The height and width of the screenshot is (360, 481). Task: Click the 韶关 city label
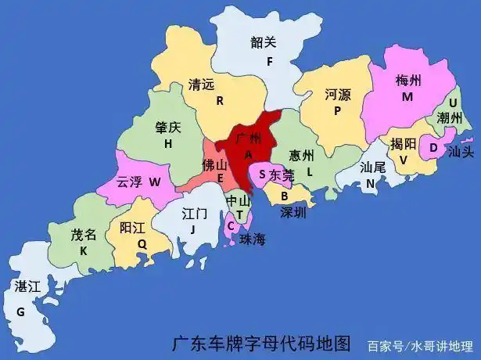tap(264, 42)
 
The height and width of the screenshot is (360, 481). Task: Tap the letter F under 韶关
tap(269, 61)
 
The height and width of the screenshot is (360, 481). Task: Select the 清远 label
tap(202, 84)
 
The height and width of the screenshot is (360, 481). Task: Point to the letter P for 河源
tap(338, 111)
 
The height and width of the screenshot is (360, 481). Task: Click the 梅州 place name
tap(408, 81)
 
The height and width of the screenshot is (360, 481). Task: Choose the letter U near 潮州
tap(452, 103)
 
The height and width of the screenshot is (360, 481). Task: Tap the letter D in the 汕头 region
tap(433, 147)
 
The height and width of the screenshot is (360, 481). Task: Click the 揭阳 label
tap(403, 143)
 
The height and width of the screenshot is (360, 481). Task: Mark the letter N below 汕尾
tap(371, 184)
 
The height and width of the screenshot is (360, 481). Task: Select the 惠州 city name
tap(301, 154)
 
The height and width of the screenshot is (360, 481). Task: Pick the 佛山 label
tap(214, 165)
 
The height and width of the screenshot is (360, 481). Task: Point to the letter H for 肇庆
tap(167, 143)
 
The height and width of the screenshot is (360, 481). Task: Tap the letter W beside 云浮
tap(154, 182)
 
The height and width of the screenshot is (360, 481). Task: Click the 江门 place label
tap(194, 212)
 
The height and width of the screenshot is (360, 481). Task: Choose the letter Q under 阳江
tap(142, 243)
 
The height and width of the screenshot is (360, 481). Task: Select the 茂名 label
tap(84, 234)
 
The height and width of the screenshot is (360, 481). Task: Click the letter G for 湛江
tap(20, 311)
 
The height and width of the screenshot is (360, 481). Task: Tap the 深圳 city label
tap(293, 212)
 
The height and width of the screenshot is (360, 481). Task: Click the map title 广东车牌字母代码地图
tap(261, 343)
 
